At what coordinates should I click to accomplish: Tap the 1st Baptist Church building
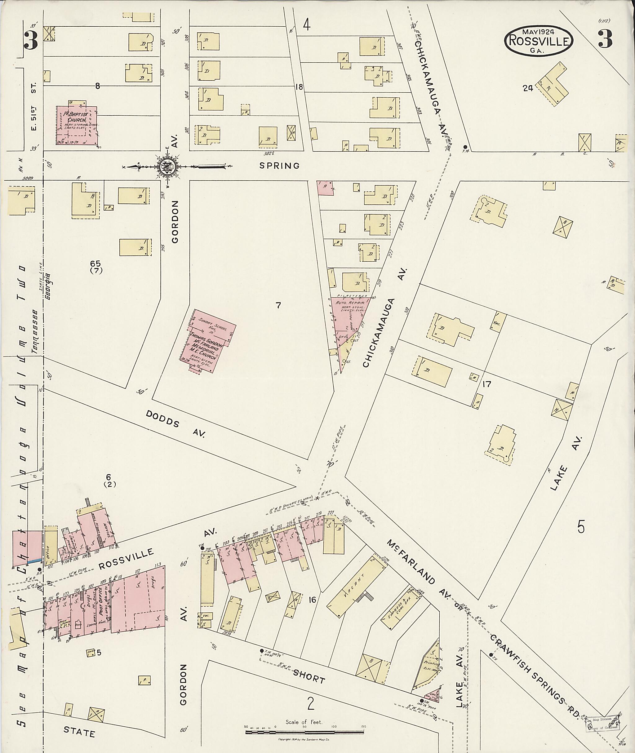77,125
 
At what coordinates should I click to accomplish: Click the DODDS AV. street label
176,424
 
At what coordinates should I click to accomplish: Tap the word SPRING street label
280,166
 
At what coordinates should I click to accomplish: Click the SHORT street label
309,677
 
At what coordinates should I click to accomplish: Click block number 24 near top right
528,88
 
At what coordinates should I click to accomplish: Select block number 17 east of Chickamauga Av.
486,384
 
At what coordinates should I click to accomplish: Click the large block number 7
278,306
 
